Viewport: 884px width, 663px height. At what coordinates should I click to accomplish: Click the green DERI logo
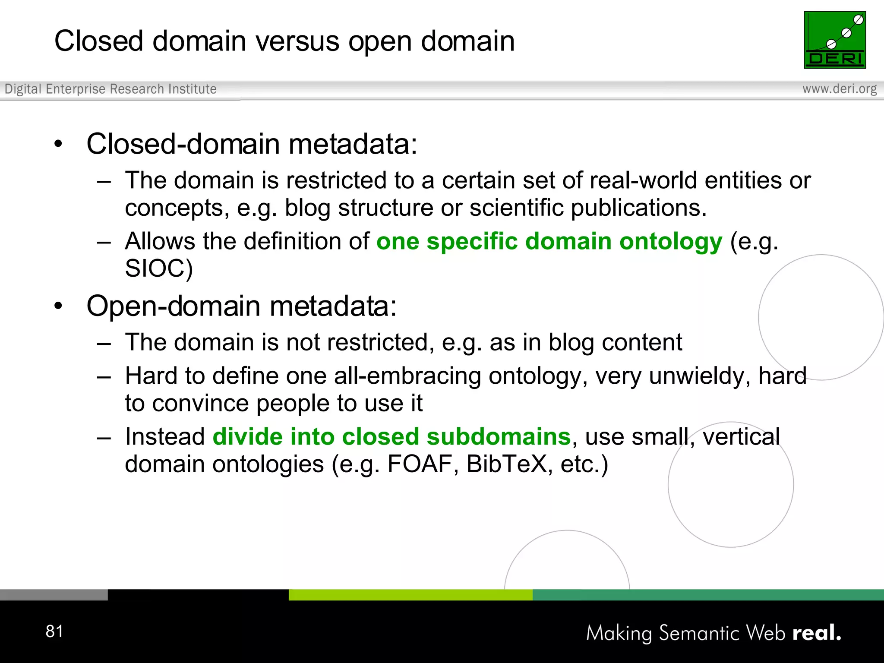pyautogui.click(x=834, y=40)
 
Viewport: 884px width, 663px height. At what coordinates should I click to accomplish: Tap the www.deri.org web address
pyautogui.click(x=839, y=89)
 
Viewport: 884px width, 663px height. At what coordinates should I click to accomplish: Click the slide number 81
pyautogui.click(x=54, y=631)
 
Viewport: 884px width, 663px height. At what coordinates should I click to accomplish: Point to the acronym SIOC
pyautogui.click(x=158, y=268)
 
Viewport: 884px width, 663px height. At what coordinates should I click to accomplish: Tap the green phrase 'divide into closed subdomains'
pyautogui.click(x=391, y=437)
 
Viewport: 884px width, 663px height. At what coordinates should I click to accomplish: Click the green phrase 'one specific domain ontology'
pyautogui.click(x=549, y=241)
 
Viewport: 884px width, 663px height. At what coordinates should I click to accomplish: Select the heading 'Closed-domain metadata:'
pyautogui.click(x=252, y=144)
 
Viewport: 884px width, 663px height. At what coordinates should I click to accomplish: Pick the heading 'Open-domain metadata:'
pyautogui.click(x=241, y=306)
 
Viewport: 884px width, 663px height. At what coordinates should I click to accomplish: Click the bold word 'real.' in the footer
pyautogui.click(x=817, y=633)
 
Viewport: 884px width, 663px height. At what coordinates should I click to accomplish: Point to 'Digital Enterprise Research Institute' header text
pyautogui.click(x=110, y=89)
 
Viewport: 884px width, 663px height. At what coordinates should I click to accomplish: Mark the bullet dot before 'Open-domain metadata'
pyautogui.click(x=58, y=306)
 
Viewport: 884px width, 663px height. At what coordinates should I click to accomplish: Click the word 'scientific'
pyautogui.click(x=516, y=208)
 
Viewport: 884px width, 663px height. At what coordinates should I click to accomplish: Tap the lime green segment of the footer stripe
pyautogui.click(x=410, y=595)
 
